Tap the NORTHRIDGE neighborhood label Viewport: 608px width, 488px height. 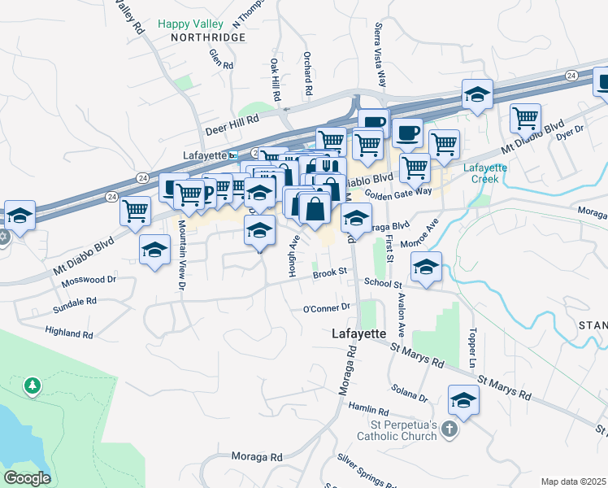point(196,38)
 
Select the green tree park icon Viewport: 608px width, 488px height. point(32,385)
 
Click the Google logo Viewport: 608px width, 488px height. point(27,477)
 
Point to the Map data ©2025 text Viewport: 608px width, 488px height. point(572,481)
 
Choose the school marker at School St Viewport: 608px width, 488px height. point(427,268)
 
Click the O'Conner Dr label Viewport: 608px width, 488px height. point(326,308)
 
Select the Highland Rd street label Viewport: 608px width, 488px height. point(70,333)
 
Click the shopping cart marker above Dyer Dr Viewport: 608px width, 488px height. point(525,119)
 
